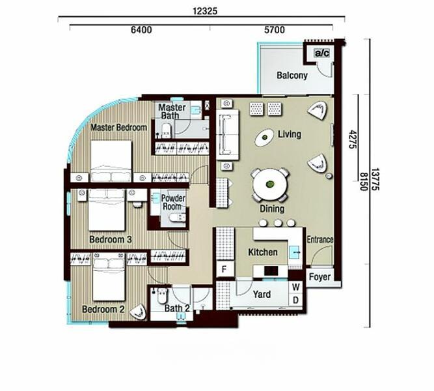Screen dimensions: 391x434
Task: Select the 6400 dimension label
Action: (142, 30)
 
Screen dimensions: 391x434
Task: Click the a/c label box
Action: (321, 53)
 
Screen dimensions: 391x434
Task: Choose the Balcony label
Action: (292, 76)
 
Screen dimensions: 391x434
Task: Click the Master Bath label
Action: (172, 111)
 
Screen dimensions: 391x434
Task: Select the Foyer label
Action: (319, 277)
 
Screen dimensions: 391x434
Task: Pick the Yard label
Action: (262, 295)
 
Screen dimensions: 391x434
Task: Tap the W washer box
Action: (295, 287)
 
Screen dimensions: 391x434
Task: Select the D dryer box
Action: (295, 300)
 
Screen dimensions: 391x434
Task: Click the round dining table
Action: (269, 184)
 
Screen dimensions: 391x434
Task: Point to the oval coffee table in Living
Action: (264, 138)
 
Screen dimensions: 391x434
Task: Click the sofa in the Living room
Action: (228, 134)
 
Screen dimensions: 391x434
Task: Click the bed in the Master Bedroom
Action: (111, 161)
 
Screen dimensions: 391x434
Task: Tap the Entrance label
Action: (319, 240)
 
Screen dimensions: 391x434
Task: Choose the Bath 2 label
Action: (177, 308)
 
